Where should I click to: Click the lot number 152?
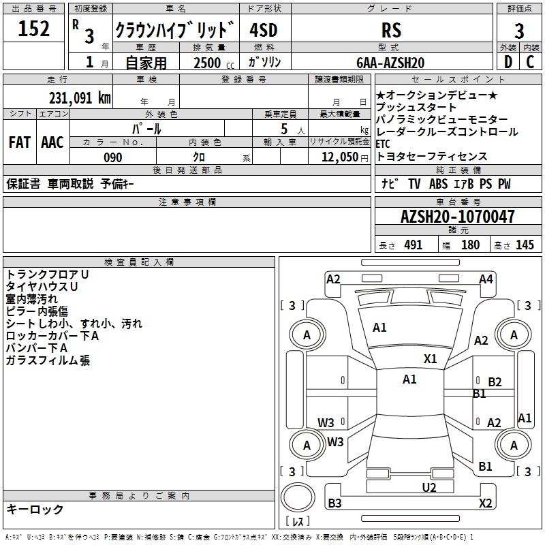coord(33,29)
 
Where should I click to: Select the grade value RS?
coord(391,30)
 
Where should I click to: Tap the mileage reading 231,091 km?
coord(80,98)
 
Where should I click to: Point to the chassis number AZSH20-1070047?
coord(457,217)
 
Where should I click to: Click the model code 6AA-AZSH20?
coord(390,63)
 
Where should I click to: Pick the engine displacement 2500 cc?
coord(214,63)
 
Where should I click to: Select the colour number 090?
coord(112,157)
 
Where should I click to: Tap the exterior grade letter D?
coord(508,62)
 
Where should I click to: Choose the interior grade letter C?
coord(530,62)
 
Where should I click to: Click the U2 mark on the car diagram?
coord(429,488)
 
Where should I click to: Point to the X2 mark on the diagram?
coord(485,503)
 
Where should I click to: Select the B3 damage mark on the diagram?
coord(334,503)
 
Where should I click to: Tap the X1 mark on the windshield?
coord(430,359)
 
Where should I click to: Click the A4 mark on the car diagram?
coord(486,279)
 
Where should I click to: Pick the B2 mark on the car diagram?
coord(495,382)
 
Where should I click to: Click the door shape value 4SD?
coord(264,30)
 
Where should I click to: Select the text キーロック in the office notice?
coord(35,509)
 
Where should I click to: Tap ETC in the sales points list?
coord(383,144)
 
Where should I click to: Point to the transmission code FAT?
coord(20,142)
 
